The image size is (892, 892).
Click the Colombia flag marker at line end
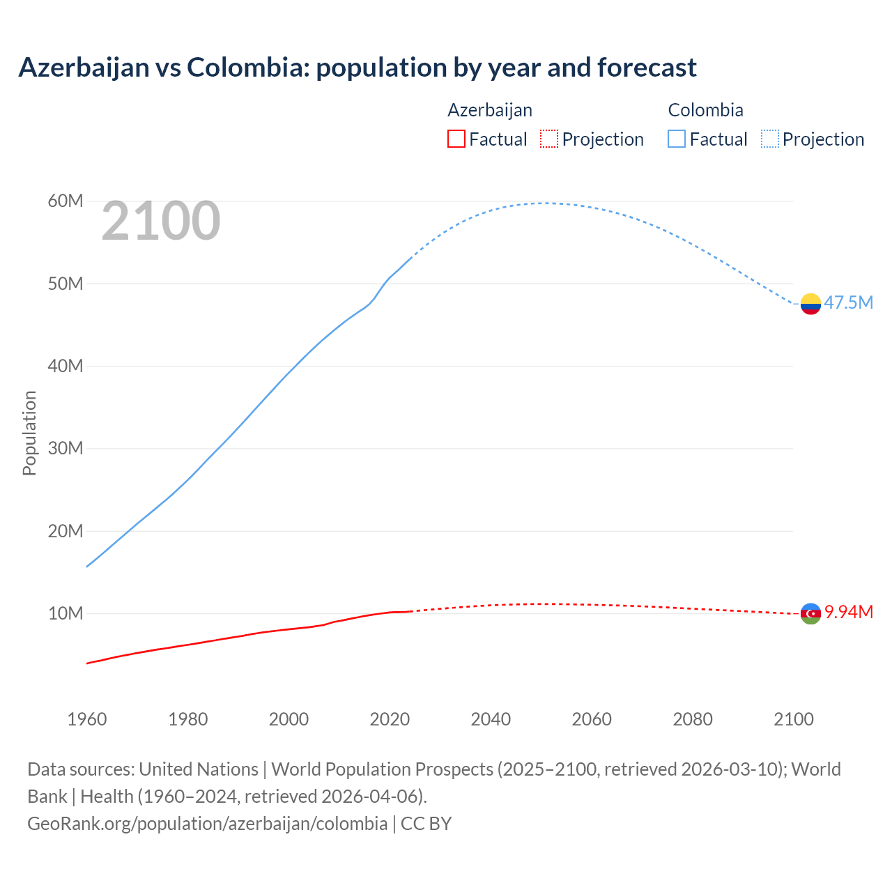click(810, 304)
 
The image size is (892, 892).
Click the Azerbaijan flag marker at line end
click(810, 613)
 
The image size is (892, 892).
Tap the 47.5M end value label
click(848, 302)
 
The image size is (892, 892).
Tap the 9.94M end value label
click(848, 612)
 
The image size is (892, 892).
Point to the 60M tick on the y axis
click(66, 201)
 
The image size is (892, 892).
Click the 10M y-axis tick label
click(66, 613)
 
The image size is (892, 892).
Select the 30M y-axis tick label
click(66, 448)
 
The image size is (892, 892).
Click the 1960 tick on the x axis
click(87, 719)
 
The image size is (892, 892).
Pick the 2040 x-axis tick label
click(491, 719)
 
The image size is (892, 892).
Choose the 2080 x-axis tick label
click(693, 719)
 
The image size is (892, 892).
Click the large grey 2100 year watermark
click(161, 222)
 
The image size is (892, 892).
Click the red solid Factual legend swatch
click(456, 139)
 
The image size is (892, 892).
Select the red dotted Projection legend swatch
click(549, 139)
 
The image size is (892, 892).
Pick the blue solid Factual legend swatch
click(677, 139)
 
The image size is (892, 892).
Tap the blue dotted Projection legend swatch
click(770, 139)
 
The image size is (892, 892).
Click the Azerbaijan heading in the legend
click(490, 110)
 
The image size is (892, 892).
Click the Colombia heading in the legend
click(705, 110)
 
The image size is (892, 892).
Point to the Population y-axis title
click(29, 433)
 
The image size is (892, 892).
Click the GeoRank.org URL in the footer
click(207, 824)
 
